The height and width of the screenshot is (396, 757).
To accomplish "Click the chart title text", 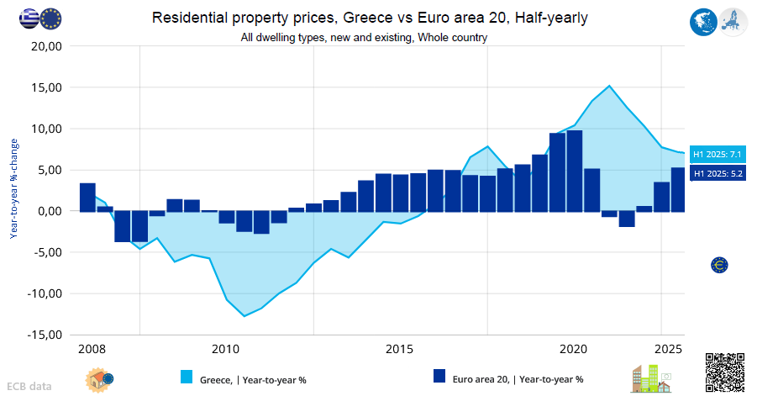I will (370, 18).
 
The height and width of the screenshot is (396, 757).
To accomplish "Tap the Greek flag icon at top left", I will (29, 18).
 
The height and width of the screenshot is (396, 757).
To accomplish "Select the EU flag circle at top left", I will (51, 18).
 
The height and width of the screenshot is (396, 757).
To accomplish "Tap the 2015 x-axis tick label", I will (400, 349).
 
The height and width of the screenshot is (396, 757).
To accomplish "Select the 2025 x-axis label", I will (669, 349).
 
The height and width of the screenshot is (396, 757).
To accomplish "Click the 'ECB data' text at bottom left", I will (29, 387).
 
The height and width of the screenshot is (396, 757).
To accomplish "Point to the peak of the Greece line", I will (609, 86).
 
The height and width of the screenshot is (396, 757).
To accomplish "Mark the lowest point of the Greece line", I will (244, 316).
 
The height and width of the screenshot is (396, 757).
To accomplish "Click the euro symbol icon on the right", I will (719, 265).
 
